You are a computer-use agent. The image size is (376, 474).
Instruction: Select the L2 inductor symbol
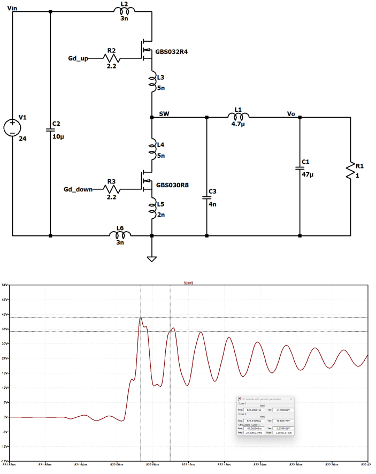(125, 11)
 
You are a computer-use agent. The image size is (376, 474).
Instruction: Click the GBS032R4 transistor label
(172, 52)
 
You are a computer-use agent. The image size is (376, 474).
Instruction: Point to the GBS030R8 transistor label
(172, 186)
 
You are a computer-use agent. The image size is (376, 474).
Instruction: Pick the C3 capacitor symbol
(207, 197)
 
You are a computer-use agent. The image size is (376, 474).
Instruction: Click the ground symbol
(152, 258)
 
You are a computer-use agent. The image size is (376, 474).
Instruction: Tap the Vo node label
(291, 114)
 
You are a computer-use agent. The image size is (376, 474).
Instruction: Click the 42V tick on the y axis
(5, 315)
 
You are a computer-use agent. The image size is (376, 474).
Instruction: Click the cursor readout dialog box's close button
(291, 399)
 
